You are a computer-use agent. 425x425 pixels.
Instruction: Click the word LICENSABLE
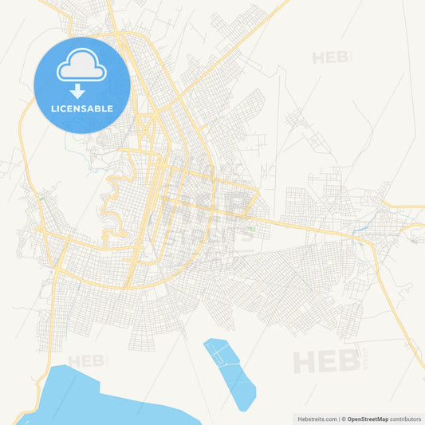pyautogui.click(x=81, y=108)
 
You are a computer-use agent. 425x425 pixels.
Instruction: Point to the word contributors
pyautogui.click(x=404, y=418)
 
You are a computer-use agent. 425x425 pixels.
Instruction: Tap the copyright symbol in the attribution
pyautogui.click(x=344, y=418)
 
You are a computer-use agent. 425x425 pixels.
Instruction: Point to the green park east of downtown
pyautogui.click(x=251, y=230)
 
